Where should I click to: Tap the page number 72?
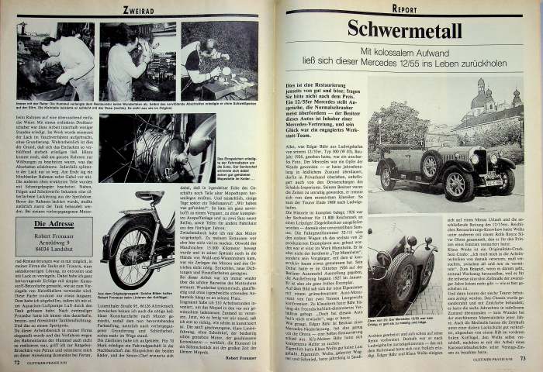(x=16, y=361)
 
